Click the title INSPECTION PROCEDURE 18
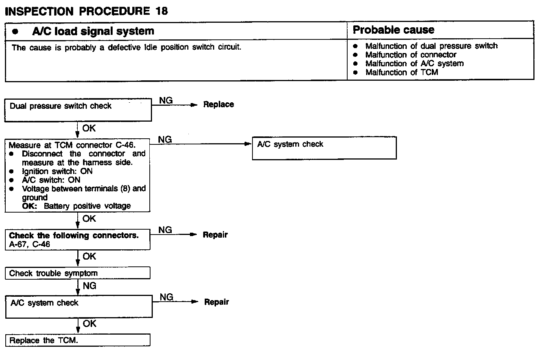[x=86, y=11]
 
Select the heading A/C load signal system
[x=93, y=31]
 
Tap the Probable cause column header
[x=393, y=30]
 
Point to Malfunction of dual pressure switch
[x=431, y=46]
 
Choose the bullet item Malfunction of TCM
[x=401, y=72]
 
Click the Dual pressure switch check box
[x=78, y=110]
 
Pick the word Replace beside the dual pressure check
[x=218, y=105]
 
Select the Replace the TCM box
[x=78, y=340]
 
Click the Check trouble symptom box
[x=78, y=273]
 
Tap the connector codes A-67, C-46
[x=30, y=244]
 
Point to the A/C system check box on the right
[x=324, y=148]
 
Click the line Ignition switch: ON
[x=57, y=171]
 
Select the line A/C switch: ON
[x=51, y=180]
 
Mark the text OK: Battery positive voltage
[x=76, y=206]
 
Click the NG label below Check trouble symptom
[x=89, y=286]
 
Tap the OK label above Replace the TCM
[x=89, y=324]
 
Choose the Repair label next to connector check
[x=215, y=235]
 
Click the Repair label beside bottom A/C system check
[x=216, y=302]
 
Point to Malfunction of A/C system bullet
[x=414, y=64]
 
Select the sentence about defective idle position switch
[x=126, y=48]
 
